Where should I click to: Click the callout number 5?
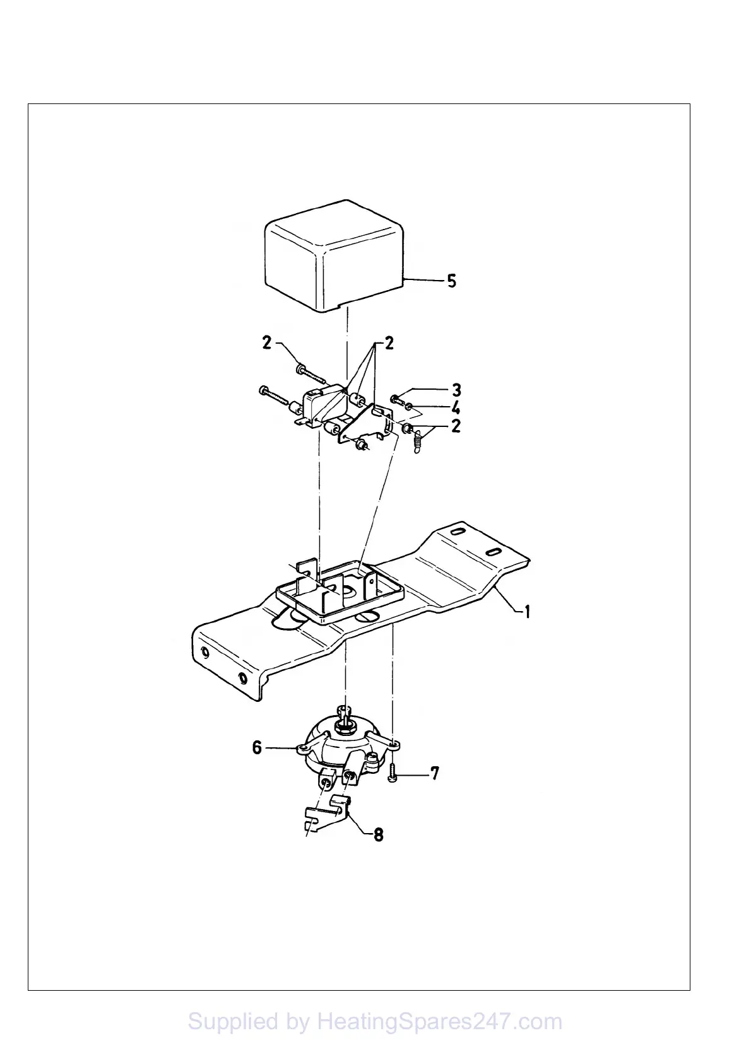[451, 281]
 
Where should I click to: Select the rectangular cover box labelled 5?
[334, 255]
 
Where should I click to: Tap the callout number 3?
[456, 389]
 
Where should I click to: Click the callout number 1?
[526, 611]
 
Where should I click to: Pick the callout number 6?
[257, 747]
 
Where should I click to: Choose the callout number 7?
[435, 773]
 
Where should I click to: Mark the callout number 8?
[378, 834]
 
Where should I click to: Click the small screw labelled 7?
[393, 772]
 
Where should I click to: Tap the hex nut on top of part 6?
[346, 727]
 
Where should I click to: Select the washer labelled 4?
[410, 406]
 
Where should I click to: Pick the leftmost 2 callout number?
[267, 343]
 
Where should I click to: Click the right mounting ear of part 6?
[393, 746]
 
